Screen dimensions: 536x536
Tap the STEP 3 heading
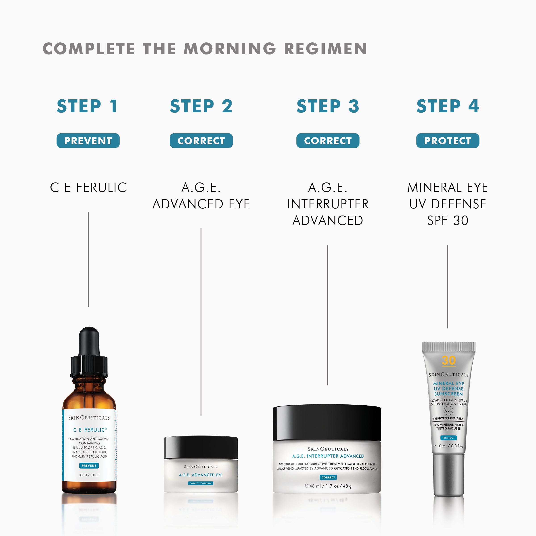click(x=328, y=106)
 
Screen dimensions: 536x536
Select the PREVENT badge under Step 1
click(x=88, y=141)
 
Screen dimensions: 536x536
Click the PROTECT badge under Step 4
click(x=448, y=141)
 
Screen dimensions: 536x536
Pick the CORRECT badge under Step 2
click(x=201, y=141)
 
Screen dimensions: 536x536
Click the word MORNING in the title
click(x=230, y=49)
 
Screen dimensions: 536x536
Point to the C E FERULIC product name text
click(x=88, y=188)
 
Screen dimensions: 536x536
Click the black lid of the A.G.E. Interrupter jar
click(x=327, y=423)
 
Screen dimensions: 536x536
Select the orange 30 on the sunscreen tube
click(x=449, y=360)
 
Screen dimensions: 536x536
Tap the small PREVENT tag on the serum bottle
click(x=89, y=465)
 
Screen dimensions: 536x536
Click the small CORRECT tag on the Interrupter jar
click(x=328, y=477)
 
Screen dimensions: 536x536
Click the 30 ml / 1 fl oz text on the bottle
click(x=89, y=475)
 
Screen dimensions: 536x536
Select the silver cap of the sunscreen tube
click(x=449, y=475)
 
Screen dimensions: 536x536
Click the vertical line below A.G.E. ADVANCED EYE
click(x=201, y=322)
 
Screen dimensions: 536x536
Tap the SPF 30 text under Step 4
click(x=448, y=221)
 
